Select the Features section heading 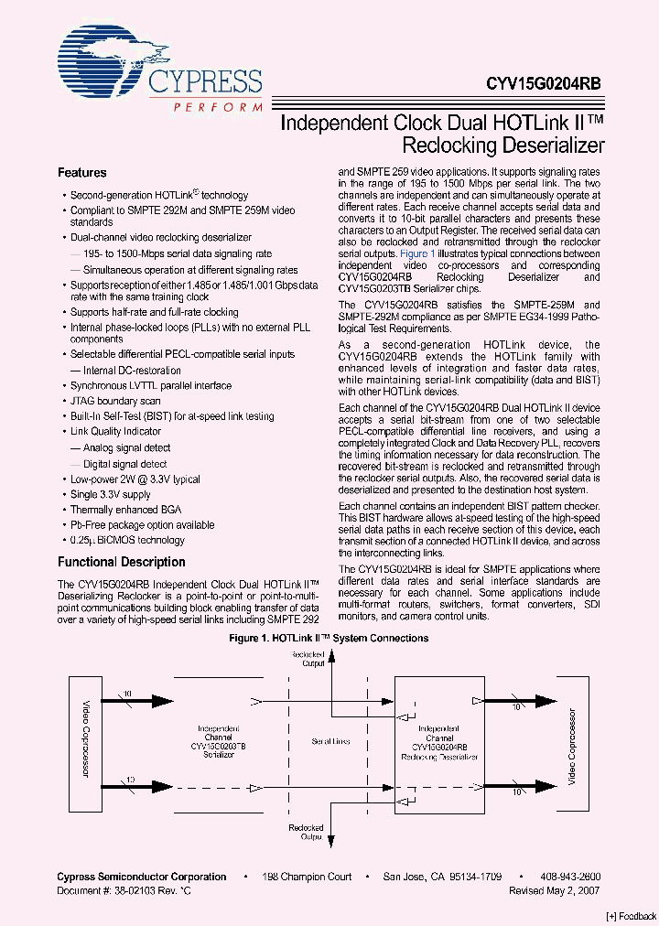coord(82,173)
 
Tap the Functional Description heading coord(122,562)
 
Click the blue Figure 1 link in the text coord(416,253)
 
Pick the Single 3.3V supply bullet coord(110,494)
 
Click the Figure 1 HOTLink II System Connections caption coord(328,639)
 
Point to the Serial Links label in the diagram coord(329,741)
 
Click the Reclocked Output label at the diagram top coord(307,659)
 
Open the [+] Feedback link coord(630,917)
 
